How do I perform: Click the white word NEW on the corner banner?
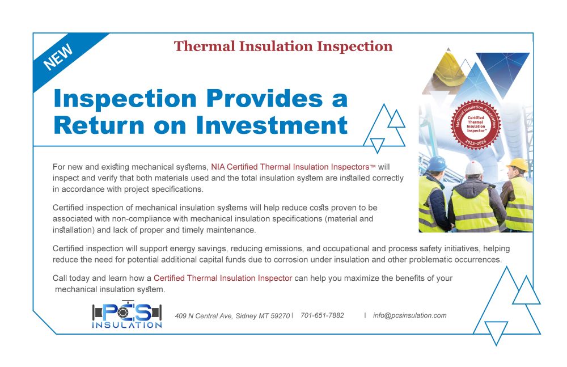pyautogui.click(x=58, y=57)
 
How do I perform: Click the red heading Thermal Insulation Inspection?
pyautogui.click(x=283, y=47)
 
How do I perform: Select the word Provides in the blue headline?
pyautogui.click(x=264, y=98)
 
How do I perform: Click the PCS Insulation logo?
pyautogui.click(x=127, y=314)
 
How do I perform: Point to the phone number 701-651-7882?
pyautogui.click(x=322, y=315)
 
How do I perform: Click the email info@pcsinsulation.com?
pyautogui.click(x=410, y=315)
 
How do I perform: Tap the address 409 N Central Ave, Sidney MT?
pyautogui.click(x=232, y=315)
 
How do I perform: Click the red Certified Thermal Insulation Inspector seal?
pyautogui.click(x=476, y=124)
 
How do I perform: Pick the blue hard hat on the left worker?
pyautogui.click(x=437, y=163)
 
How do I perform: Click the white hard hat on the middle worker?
pyautogui.click(x=473, y=167)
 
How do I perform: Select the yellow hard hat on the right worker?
pyautogui.click(x=518, y=164)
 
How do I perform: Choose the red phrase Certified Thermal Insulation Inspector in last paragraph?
pyautogui.click(x=223, y=278)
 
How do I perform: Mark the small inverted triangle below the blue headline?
pyautogui.click(x=377, y=146)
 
